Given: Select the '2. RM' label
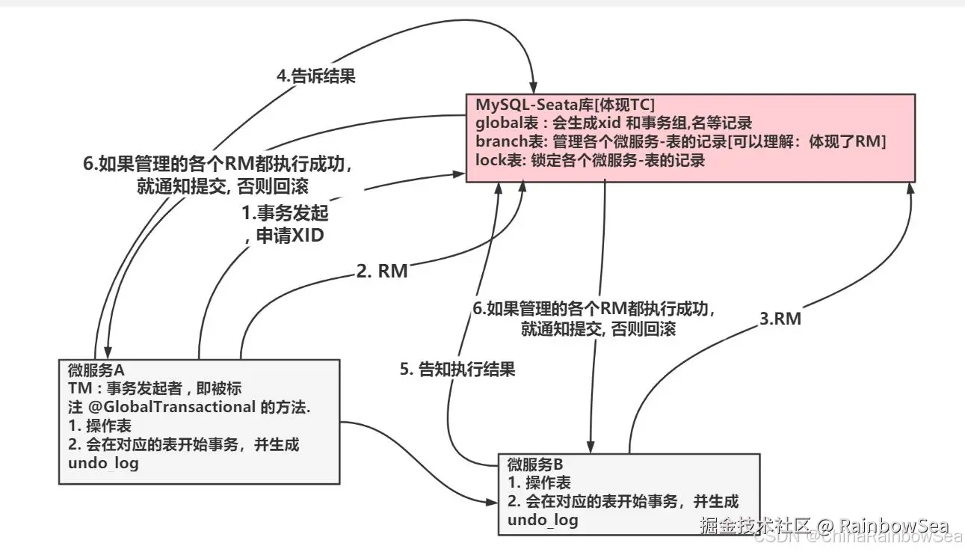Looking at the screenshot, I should (382, 271).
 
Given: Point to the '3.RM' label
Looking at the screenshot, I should (780, 319).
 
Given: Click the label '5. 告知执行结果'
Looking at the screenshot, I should (457, 369).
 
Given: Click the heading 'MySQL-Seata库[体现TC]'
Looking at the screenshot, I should (564, 103).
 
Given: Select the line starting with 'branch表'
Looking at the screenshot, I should (680, 141).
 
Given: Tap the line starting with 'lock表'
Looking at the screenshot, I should (590, 159).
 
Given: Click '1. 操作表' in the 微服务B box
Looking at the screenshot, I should (538, 483).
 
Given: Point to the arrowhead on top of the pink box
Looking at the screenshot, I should (535, 88).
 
